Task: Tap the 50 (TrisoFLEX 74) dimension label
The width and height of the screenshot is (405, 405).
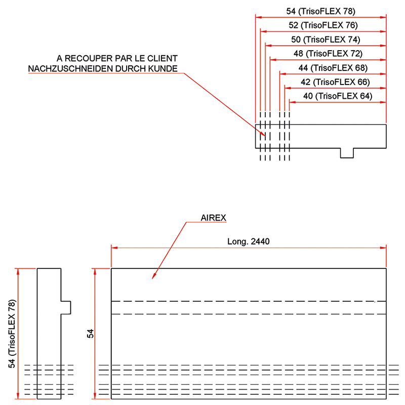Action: [326, 39]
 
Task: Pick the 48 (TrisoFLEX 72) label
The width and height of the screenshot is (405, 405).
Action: [328, 53]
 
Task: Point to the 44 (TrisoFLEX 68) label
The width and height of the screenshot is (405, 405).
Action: [333, 67]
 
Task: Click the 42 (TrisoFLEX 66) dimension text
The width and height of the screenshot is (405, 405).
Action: [335, 82]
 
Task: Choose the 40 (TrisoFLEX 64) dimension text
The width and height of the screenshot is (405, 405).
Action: [338, 96]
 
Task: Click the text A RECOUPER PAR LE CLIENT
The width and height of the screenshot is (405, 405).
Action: [117, 58]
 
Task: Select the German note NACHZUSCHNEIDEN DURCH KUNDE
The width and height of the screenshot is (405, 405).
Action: [103, 68]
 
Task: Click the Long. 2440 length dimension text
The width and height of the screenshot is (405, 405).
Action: [249, 241]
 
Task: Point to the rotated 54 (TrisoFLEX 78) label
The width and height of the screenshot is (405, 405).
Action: [12, 334]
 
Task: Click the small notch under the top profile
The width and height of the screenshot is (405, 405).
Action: [347, 153]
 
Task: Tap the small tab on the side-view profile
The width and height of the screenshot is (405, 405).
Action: [66, 307]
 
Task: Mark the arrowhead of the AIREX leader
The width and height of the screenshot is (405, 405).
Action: [153, 278]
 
